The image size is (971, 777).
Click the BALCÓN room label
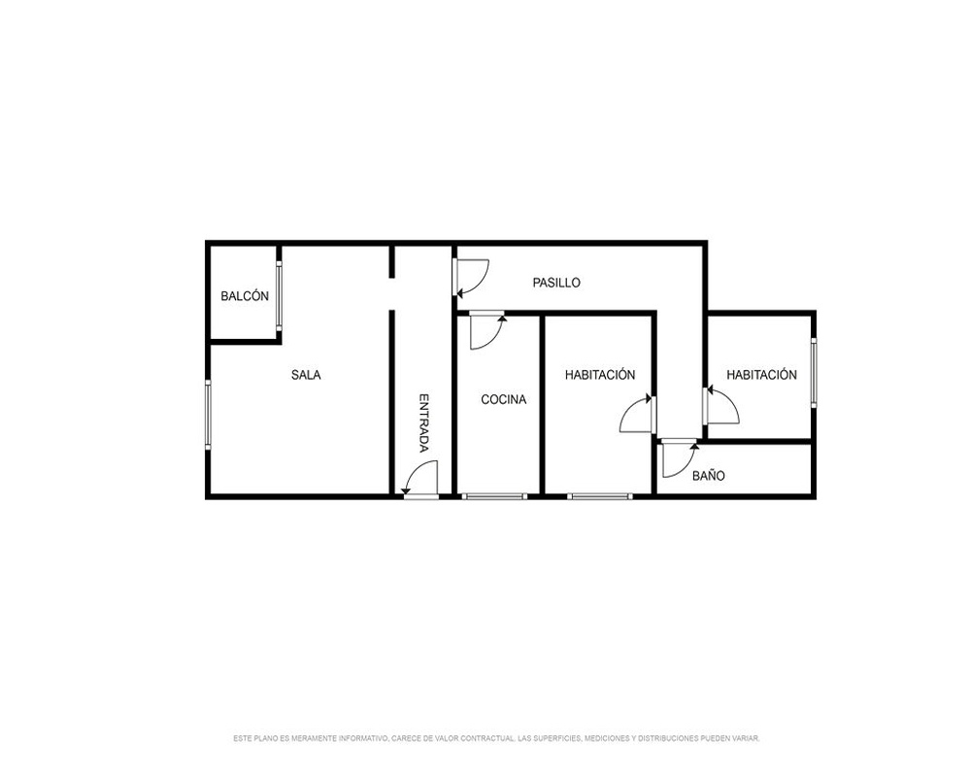[245, 296]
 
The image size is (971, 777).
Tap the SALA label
[306, 375]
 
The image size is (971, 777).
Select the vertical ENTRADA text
[424, 423]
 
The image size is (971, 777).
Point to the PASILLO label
[556, 283]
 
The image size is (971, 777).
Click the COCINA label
[503, 399]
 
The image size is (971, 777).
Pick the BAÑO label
[709, 475]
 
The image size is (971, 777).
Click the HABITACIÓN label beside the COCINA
[600, 375]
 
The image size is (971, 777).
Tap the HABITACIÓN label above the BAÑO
[761, 375]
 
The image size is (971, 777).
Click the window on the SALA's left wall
[208, 414]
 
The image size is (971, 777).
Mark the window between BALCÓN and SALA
[279, 295]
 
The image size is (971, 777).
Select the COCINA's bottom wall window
[494, 495]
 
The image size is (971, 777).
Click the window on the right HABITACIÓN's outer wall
[814, 372]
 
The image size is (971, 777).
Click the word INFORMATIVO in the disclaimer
[363, 738]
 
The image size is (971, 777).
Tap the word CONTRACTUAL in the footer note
[488, 738]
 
